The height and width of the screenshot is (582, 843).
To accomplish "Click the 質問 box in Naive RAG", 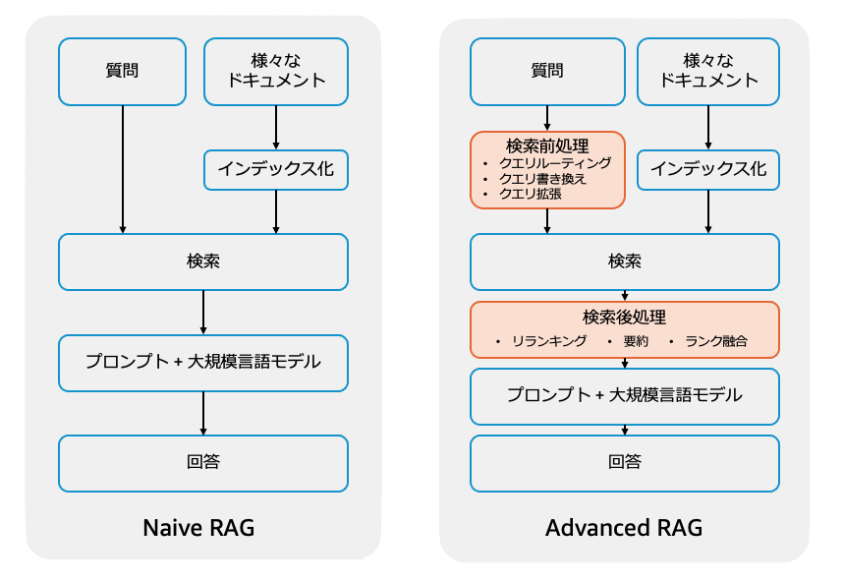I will (122, 71).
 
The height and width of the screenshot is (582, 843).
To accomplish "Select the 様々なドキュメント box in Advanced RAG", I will (708, 71).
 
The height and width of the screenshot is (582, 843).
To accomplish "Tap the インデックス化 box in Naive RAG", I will (275, 169).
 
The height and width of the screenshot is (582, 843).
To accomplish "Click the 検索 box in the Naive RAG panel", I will (202, 262).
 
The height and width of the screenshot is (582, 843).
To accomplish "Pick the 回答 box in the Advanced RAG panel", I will (624, 463).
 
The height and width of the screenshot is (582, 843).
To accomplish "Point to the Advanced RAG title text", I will (624, 527).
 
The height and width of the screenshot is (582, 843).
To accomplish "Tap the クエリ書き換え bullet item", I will (542, 179).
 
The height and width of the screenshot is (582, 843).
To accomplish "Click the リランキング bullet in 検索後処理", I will (549, 341).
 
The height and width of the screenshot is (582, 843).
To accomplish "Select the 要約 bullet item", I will (636, 341).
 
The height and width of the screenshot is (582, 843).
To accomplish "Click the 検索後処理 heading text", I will (624, 318).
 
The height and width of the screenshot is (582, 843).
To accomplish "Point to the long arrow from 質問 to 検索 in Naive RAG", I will (123, 167).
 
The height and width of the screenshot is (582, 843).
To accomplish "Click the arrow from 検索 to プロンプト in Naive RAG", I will (202, 313).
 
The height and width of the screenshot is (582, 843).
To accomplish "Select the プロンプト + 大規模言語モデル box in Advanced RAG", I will (624, 395).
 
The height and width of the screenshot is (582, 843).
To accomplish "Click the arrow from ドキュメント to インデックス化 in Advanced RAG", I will (708, 127).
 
